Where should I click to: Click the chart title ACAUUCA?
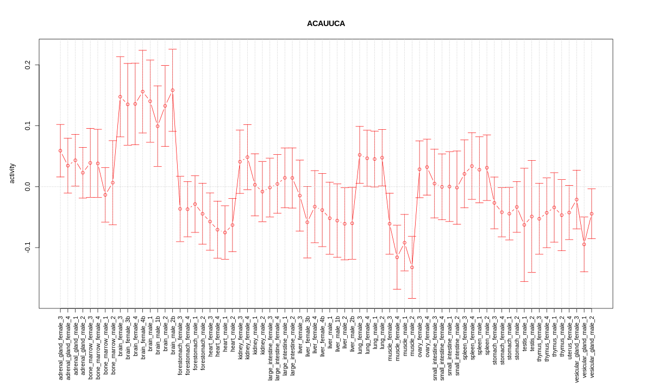[x=325, y=24]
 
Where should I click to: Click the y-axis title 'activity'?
[x=12, y=173]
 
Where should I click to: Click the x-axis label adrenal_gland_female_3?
[x=60, y=348]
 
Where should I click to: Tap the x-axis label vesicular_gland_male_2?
[x=592, y=346]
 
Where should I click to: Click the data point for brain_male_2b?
[x=173, y=90]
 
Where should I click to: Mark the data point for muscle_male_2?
[x=412, y=267]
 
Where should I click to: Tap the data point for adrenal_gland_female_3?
[x=60, y=150]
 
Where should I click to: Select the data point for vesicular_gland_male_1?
[x=584, y=244]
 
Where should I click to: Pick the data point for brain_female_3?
[x=120, y=97]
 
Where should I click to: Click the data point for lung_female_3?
[x=360, y=155]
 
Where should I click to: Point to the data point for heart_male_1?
[x=225, y=232]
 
